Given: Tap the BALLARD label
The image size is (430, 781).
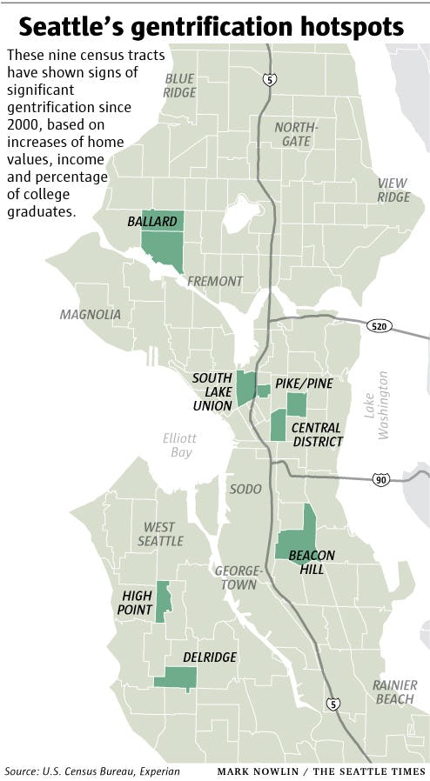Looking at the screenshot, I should click(x=151, y=222).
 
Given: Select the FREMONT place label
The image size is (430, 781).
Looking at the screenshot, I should click(x=213, y=281).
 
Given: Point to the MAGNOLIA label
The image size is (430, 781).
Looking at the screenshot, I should click(x=91, y=315).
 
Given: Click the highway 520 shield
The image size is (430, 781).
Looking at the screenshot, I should click(x=380, y=327).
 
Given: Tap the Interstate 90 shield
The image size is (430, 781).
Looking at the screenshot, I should click(x=380, y=479).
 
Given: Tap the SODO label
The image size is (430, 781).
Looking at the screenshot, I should click(x=245, y=490).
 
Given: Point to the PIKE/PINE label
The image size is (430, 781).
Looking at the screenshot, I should click(x=304, y=383).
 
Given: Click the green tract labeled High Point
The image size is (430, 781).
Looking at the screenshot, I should click(x=163, y=600).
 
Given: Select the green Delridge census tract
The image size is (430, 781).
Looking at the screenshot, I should click(x=175, y=678).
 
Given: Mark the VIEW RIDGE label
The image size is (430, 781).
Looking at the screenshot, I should click(x=392, y=190).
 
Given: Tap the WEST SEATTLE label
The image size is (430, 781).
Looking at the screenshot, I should click(x=159, y=534).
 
